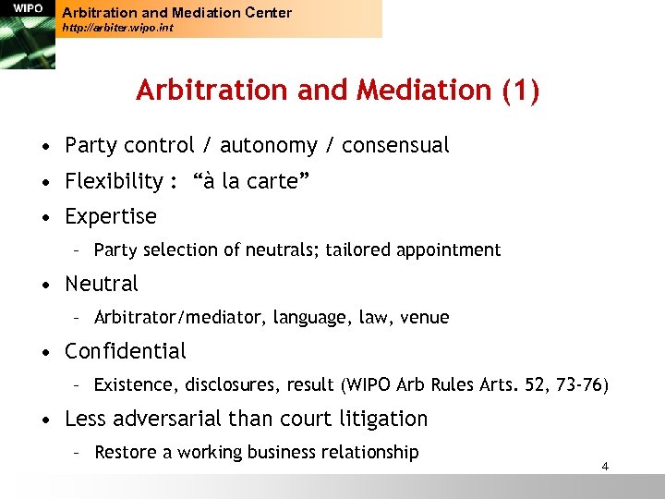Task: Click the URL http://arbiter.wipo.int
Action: [116, 29]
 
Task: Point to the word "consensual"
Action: [395, 146]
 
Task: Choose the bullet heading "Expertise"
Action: [111, 217]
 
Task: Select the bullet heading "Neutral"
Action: [102, 285]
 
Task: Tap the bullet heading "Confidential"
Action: [126, 352]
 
